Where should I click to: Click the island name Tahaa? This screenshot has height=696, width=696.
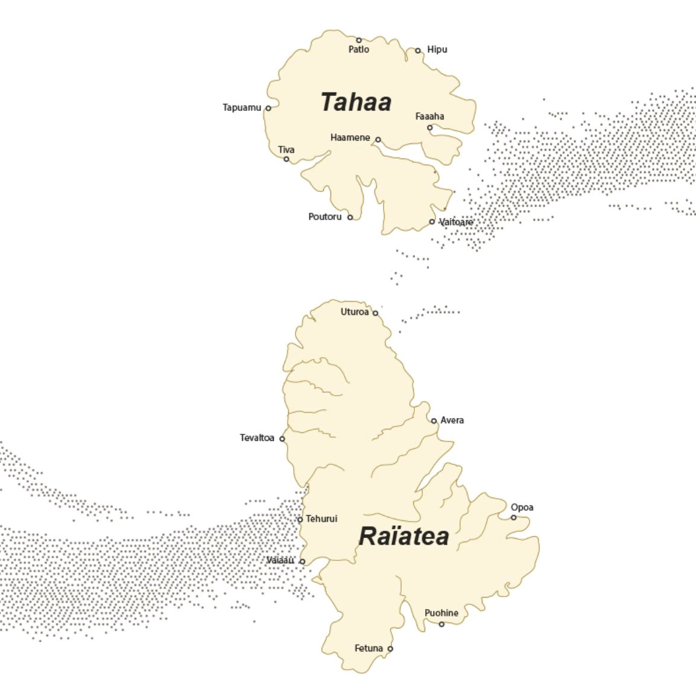[356, 102]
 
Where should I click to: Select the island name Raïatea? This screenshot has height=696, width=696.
[403, 536]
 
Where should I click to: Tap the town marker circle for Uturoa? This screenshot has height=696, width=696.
[375, 313]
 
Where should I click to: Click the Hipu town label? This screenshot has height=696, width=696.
[437, 49]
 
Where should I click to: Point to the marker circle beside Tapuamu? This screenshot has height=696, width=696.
[268, 109]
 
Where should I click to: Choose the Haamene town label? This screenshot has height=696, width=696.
[350, 138]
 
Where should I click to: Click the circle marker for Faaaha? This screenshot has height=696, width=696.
[430, 128]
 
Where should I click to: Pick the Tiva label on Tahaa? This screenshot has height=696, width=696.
[286, 150]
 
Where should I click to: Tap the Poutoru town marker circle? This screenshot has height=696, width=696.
[350, 217]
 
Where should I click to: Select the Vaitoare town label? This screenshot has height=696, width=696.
[456, 222]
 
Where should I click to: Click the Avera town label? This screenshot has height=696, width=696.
[452, 420]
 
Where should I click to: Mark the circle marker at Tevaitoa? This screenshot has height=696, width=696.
[282, 439]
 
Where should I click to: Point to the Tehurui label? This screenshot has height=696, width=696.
[321, 519]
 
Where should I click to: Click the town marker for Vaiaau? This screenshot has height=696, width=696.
[302, 562]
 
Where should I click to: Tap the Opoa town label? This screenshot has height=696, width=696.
[522, 507]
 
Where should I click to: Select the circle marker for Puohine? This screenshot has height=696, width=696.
[441, 624]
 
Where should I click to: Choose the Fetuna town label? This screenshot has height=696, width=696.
[369, 648]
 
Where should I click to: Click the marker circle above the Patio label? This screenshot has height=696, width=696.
[359, 40]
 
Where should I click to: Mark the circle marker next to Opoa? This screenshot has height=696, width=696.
[514, 517]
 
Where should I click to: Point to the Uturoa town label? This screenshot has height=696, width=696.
[354, 312]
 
